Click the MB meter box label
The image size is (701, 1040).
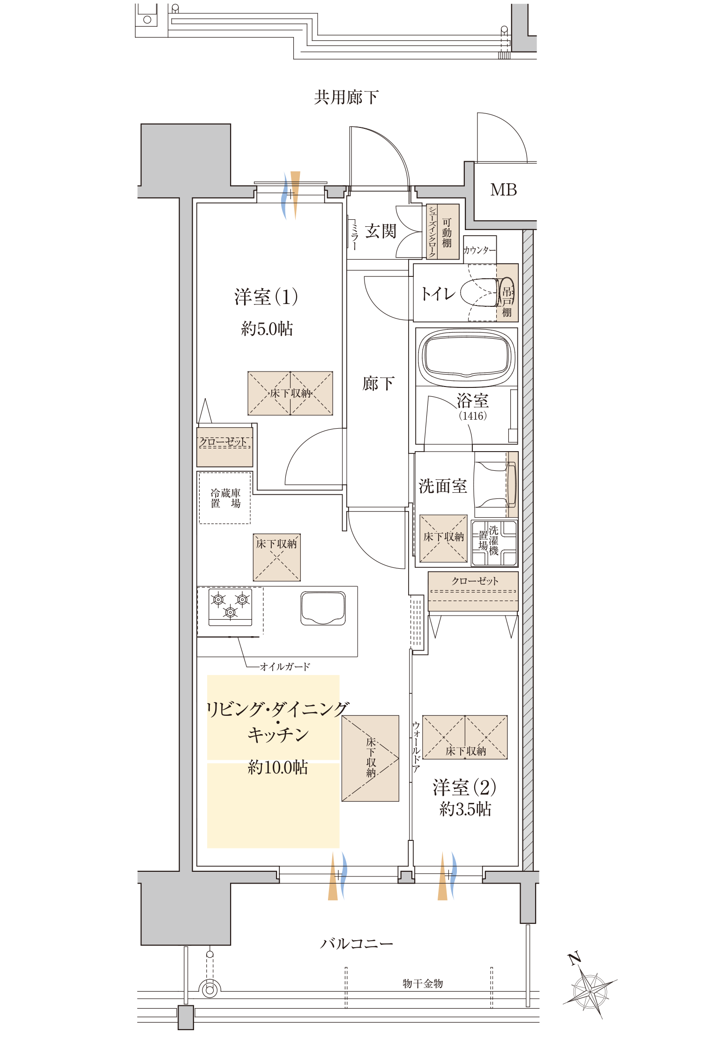point(503,190)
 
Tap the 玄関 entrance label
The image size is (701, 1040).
point(380,231)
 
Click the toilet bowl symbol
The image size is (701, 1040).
point(479,293)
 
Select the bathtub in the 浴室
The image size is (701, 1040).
point(466,357)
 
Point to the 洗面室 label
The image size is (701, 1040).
point(442,486)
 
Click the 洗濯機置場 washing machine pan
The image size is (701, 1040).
point(494,543)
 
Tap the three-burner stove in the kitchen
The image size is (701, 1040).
point(230,606)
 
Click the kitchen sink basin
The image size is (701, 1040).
point(323,608)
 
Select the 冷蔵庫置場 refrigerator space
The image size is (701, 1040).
point(225,498)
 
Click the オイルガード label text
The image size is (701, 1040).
point(285,666)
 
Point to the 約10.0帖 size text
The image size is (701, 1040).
point(277,767)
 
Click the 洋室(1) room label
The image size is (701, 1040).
point(266,297)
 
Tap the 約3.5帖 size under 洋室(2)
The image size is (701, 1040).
point(465,809)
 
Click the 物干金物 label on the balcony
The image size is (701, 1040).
point(423,983)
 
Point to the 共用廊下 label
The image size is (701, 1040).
point(346,97)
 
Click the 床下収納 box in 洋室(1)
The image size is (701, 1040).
point(290,393)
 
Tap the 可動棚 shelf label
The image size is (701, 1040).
point(447,232)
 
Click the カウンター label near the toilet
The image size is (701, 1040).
point(479,250)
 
